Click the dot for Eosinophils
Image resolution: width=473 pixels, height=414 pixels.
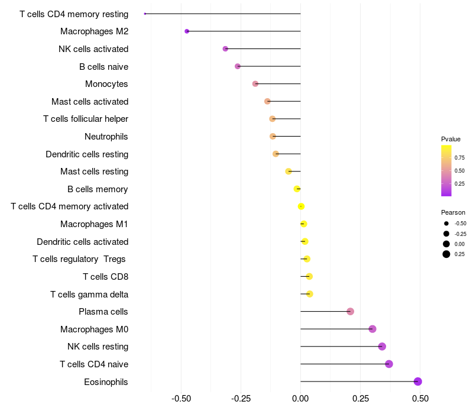click(x=418, y=381)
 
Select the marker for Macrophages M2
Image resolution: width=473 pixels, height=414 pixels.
click(x=187, y=31)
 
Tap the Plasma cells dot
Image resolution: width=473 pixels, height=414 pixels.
click(x=350, y=312)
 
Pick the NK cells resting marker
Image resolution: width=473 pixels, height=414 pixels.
click(x=382, y=347)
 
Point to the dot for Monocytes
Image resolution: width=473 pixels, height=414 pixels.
click(x=255, y=84)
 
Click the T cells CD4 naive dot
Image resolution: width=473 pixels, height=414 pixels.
click(x=389, y=364)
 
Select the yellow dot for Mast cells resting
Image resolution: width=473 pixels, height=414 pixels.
click(x=289, y=172)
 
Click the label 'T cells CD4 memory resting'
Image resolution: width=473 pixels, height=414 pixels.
click(x=74, y=14)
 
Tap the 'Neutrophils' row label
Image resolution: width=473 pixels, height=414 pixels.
click(x=106, y=137)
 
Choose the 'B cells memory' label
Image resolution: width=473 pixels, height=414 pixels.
click(x=98, y=189)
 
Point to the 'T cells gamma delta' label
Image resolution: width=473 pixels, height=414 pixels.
click(x=89, y=294)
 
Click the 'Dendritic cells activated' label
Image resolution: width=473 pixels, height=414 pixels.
click(x=83, y=242)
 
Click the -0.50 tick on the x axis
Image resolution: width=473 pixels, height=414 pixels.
click(x=181, y=399)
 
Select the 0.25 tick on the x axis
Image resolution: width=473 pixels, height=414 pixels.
click(x=360, y=399)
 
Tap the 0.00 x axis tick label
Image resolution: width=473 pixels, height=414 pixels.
click(x=300, y=399)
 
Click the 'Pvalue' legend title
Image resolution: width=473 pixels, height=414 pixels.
click(x=451, y=139)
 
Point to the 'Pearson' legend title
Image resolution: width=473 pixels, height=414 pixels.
click(x=453, y=212)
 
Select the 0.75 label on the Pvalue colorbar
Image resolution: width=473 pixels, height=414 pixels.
click(x=459, y=157)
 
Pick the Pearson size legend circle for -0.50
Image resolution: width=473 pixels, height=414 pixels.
click(x=446, y=224)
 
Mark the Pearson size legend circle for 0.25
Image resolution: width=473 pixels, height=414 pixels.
click(x=446, y=254)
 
